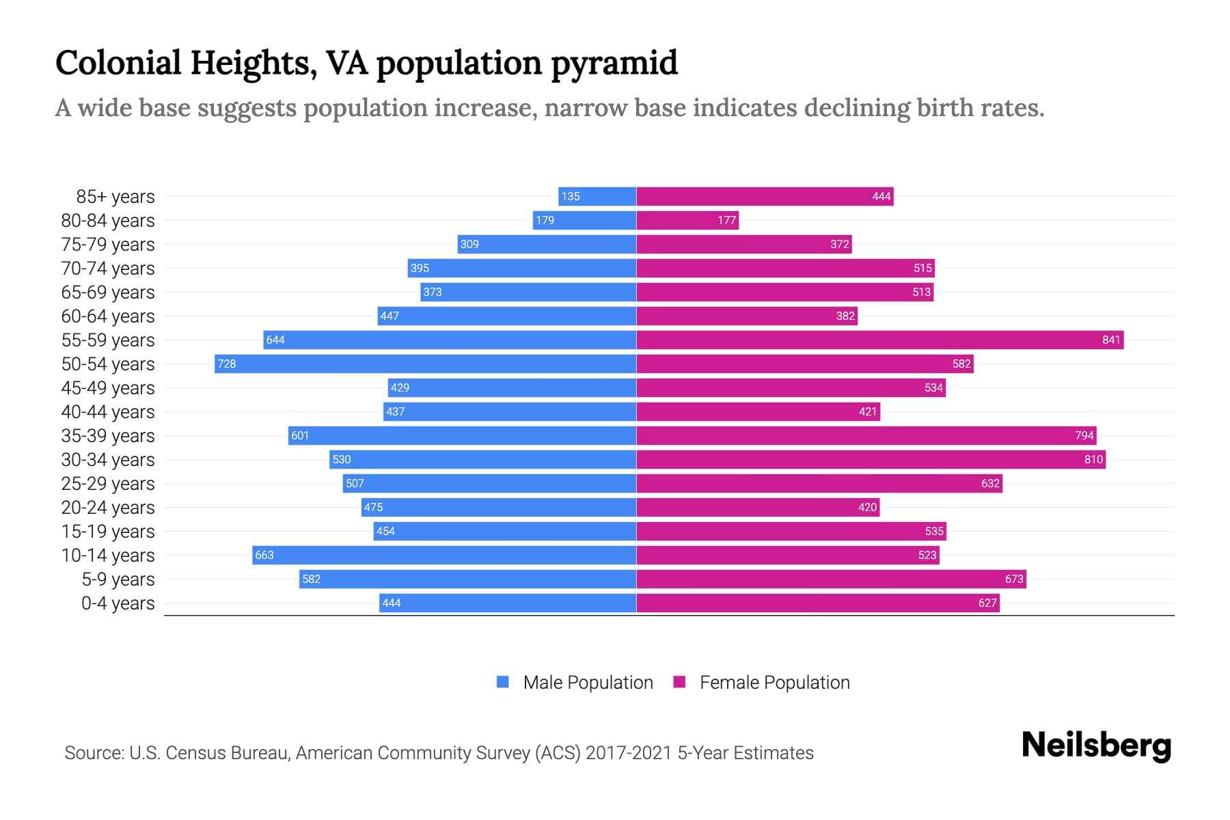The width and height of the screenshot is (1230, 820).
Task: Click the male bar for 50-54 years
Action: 425,364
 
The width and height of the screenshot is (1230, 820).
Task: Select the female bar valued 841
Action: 879,340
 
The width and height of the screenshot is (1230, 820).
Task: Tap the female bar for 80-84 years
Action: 687,220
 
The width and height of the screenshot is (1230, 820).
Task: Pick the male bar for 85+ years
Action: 597,196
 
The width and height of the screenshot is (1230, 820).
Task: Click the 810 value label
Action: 1093,459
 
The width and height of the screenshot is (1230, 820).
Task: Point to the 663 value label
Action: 264,555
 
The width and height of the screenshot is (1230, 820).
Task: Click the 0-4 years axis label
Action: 118,603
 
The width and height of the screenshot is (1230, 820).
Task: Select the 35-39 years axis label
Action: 108,435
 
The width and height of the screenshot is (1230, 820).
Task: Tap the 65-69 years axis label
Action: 108,292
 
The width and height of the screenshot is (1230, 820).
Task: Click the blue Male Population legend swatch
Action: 503,682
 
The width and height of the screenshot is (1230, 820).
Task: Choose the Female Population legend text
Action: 774,682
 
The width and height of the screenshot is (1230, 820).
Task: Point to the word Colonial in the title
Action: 118,63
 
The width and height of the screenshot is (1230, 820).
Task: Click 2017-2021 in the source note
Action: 628,752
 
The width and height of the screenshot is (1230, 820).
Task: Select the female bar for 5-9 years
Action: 831,579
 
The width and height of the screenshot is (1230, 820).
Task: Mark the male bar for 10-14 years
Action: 444,555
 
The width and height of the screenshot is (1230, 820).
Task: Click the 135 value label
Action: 570,196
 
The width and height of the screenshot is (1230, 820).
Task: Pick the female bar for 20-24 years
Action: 758,507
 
